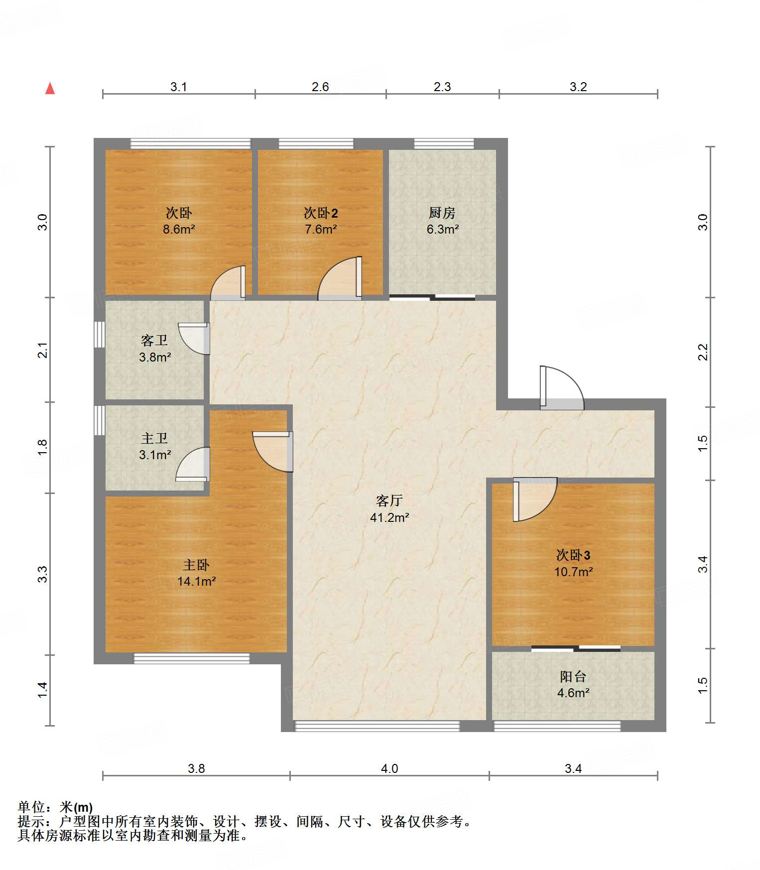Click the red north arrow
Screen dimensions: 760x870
50,88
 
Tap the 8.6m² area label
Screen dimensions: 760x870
179,230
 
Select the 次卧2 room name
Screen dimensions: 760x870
321,213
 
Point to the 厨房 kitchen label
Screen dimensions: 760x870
442,213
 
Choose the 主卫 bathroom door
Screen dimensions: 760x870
193,464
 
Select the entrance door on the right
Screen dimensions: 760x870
562,388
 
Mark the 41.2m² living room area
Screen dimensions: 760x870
389,517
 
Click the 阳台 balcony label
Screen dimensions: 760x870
573,676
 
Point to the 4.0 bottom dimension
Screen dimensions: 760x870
389,769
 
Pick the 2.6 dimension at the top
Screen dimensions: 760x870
320,87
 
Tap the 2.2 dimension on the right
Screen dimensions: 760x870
702,352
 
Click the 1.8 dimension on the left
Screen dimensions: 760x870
43,447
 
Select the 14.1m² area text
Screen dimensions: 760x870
196,581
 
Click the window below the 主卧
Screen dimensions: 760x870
192,658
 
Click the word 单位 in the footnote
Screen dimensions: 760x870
31,807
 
